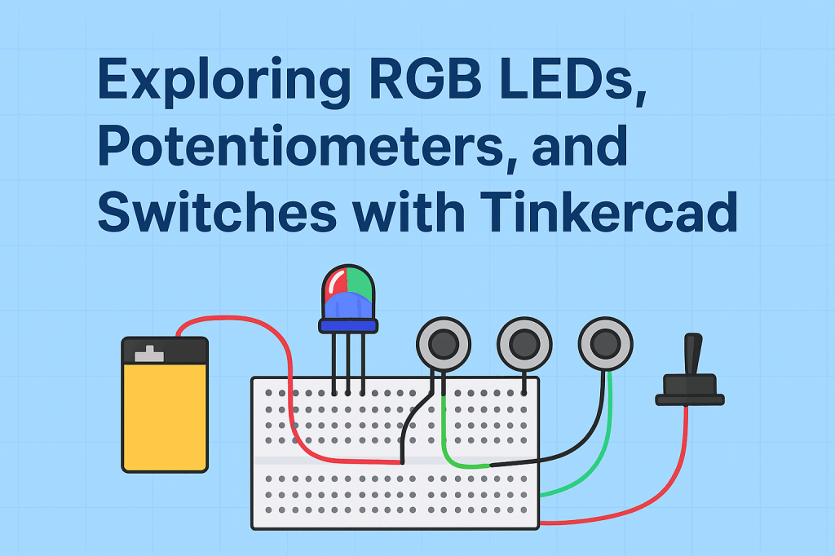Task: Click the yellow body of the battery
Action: (165, 416)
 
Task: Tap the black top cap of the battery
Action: (165, 351)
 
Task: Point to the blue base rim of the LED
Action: (348, 325)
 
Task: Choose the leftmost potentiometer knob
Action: (444, 344)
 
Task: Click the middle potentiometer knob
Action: (524, 344)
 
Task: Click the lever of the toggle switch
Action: (694, 355)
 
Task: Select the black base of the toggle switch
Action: (690, 390)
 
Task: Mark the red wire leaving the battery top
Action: (236, 319)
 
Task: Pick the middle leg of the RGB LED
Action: (348, 363)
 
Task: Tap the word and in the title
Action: (576, 147)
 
